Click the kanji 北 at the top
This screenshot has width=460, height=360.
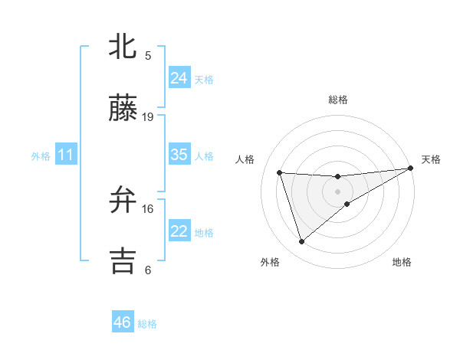[123, 47]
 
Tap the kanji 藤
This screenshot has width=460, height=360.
[123, 110]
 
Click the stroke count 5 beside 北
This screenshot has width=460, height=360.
[148, 55]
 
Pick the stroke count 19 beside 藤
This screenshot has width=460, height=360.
[148, 116]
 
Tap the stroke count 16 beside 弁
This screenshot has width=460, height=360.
[148, 208]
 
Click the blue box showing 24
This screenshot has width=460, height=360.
[179, 78]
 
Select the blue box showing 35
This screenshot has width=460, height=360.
[179, 155]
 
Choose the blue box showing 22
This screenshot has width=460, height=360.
[179, 231]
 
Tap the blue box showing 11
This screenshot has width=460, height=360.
[66, 155]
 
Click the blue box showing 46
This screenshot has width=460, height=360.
[123, 322]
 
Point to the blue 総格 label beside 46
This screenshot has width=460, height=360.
[147, 324]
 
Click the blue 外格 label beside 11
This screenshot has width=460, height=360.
[41, 156]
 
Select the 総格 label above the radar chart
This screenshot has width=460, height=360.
[337, 100]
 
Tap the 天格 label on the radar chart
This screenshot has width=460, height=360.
[431, 159]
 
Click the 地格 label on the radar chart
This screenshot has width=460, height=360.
[402, 263]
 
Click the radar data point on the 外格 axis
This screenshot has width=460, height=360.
[301, 242]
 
